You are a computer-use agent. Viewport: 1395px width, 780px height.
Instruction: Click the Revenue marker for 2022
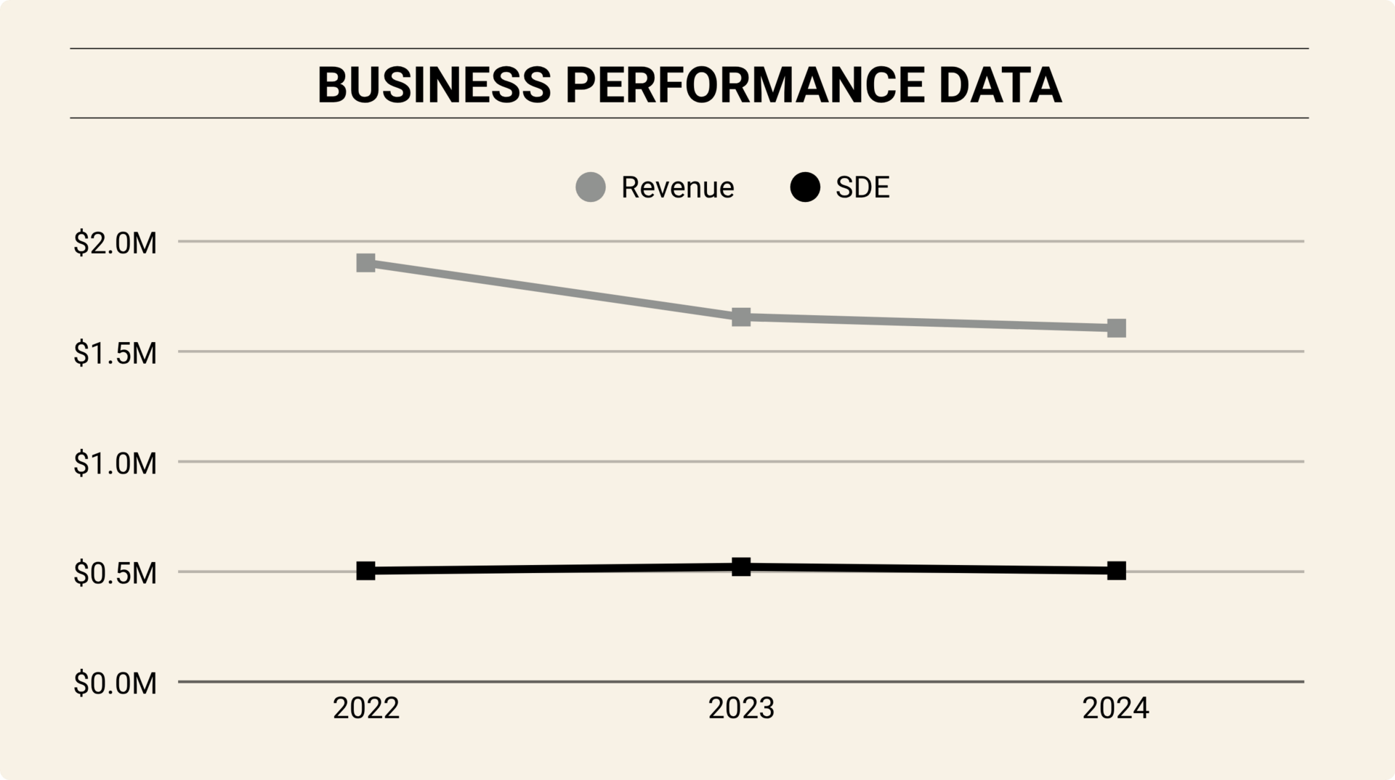click(x=366, y=263)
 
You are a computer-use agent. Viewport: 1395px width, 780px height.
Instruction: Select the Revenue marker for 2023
click(x=741, y=317)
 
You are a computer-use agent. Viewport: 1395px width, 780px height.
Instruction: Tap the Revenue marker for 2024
click(x=1117, y=328)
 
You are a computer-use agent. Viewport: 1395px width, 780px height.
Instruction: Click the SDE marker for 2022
click(x=366, y=571)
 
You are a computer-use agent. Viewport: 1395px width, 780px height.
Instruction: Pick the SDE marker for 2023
click(x=741, y=567)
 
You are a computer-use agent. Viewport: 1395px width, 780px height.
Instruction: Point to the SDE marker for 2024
click(x=1117, y=571)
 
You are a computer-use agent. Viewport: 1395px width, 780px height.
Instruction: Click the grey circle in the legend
click(x=591, y=187)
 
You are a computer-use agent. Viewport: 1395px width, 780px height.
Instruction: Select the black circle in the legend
click(x=805, y=187)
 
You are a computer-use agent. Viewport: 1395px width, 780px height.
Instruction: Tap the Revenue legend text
click(x=677, y=187)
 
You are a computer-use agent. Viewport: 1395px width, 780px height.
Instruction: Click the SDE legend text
click(x=862, y=187)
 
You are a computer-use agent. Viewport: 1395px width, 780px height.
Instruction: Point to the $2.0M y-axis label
click(x=115, y=243)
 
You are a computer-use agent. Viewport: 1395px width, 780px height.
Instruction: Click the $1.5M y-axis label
click(x=115, y=354)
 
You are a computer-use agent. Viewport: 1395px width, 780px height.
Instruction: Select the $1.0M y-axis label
click(x=115, y=463)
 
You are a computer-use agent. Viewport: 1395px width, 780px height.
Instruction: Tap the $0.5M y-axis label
click(x=115, y=574)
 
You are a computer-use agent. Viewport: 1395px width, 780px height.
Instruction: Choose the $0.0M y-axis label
click(x=115, y=683)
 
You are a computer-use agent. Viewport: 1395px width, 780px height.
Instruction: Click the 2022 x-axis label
click(x=366, y=708)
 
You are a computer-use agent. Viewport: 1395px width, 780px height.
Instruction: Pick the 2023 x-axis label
click(x=741, y=708)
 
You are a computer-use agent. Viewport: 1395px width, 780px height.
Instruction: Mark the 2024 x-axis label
click(x=1116, y=708)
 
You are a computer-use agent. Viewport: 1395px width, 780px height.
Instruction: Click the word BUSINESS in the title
click(x=434, y=85)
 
